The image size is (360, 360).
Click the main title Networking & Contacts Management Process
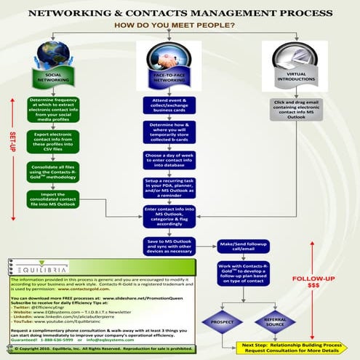pos(180,13)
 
